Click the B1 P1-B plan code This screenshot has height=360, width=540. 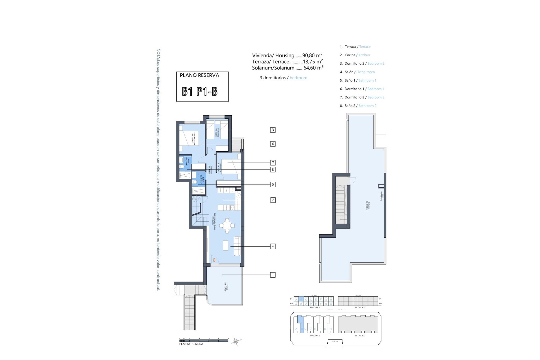(x=200, y=92)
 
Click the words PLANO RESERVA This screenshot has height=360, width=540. (x=199, y=75)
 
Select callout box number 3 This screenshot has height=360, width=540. (x=273, y=130)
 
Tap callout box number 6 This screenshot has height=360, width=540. (x=273, y=144)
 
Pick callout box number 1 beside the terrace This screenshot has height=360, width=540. (x=273, y=275)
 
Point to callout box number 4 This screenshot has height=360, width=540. (x=273, y=246)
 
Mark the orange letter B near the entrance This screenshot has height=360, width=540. (x=214, y=260)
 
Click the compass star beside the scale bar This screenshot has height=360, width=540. (x=235, y=341)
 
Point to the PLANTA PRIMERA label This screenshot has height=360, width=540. (x=191, y=344)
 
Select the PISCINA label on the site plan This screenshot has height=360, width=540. (x=336, y=341)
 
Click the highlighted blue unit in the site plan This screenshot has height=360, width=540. (x=301, y=323)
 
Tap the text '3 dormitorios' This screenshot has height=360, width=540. (x=273, y=78)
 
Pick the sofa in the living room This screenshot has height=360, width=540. (x=237, y=246)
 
